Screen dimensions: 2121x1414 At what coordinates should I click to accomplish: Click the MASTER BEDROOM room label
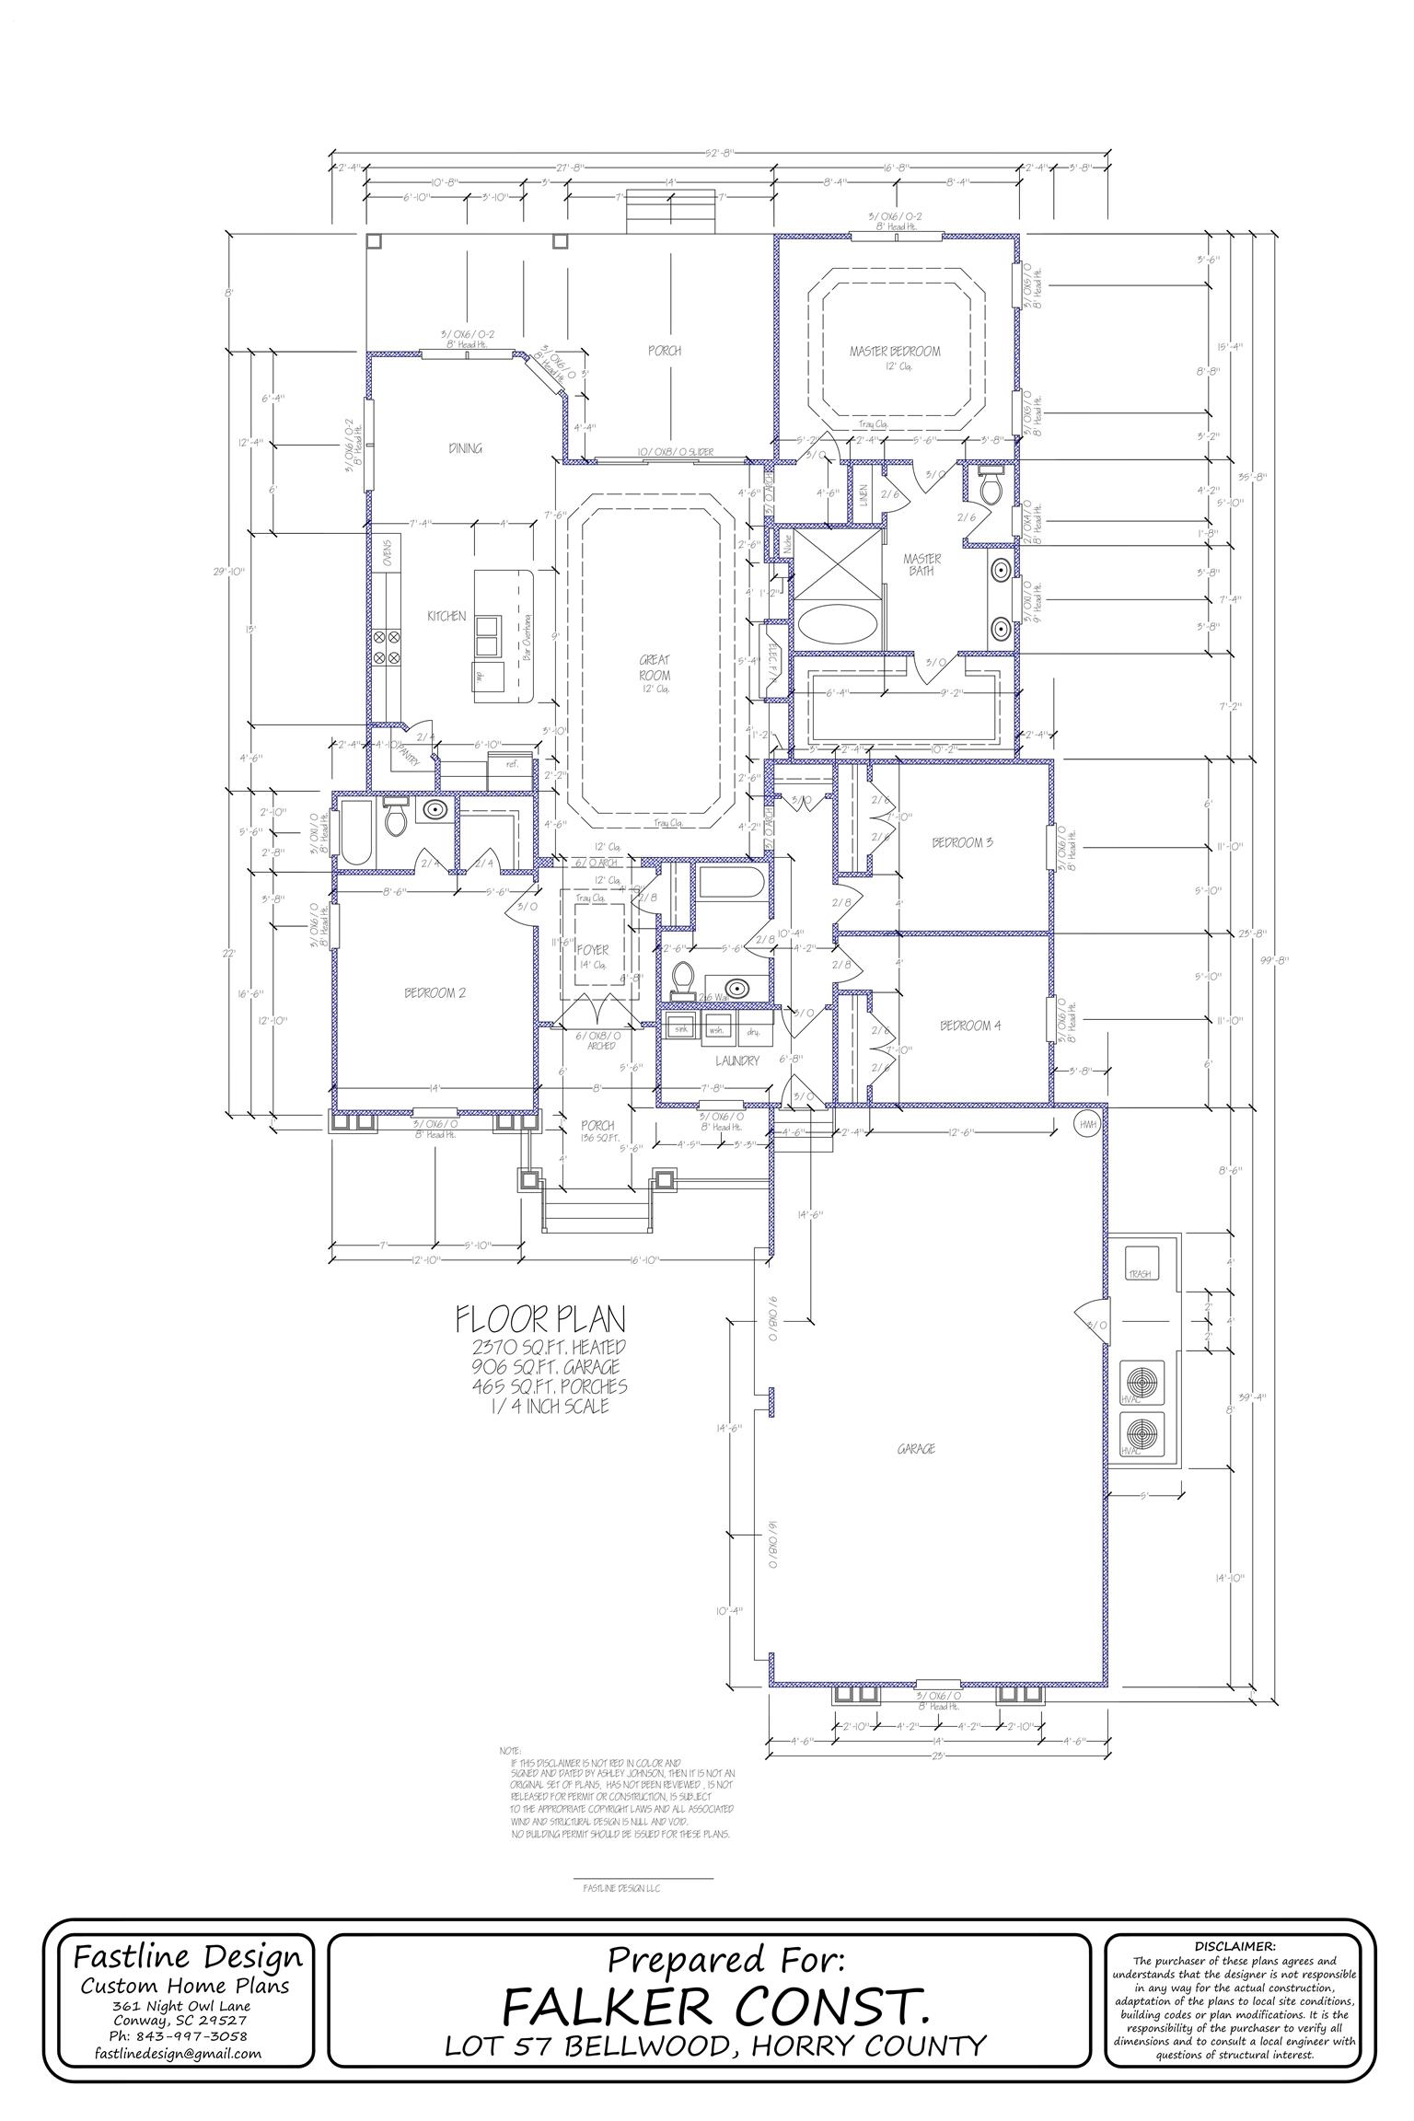coord(895,351)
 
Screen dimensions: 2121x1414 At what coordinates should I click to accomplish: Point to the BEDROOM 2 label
coord(435,993)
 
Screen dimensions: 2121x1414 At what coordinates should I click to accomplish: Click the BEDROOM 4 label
coord(969,1026)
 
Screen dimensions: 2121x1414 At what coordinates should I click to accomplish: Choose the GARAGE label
coord(916,1449)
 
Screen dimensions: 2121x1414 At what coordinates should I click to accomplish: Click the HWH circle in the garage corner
coord(1088,1123)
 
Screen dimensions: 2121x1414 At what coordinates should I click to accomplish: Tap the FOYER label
coord(594,949)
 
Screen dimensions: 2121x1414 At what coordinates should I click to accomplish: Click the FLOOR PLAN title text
coord(540,1320)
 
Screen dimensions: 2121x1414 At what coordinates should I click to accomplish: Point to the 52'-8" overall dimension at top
coord(719,154)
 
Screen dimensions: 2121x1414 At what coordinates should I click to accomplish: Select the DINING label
coord(466,448)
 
